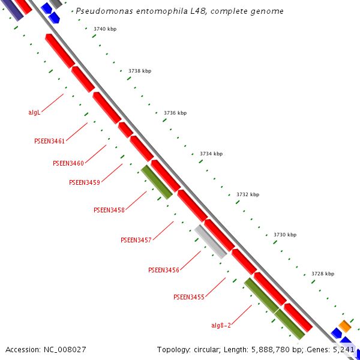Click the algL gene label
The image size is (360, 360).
pyautogui.click(x=34, y=112)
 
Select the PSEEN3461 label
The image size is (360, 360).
pyautogui.click(x=49, y=141)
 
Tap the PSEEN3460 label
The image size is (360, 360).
pyautogui.click(x=68, y=163)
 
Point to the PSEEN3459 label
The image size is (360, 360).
pyautogui.click(x=85, y=182)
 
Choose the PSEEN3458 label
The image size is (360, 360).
pyautogui.click(x=109, y=210)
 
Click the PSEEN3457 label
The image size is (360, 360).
pyautogui.click(x=136, y=240)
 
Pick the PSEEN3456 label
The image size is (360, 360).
pyautogui.click(x=164, y=270)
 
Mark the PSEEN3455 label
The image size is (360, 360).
pyautogui.click(x=189, y=297)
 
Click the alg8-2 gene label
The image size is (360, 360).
pyautogui.click(x=221, y=325)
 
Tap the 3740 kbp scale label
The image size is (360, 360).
pyautogui.click(x=105, y=29)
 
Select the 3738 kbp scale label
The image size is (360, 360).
pyautogui.click(x=140, y=71)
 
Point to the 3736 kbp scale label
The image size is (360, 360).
pyautogui.click(x=175, y=113)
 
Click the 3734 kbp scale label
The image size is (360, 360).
pyautogui.click(x=211, y=154)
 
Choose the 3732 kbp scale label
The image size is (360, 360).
pyautogui.click(x=248, y=194)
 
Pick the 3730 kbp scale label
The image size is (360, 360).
pyautogui.click(x=285, y=235)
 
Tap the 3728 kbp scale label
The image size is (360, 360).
pyautogui.click(x=323, y=274)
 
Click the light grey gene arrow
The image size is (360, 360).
pyautogui.click(x=211, y=242)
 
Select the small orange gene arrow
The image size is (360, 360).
pyautogui.click(x=344, y=326)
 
